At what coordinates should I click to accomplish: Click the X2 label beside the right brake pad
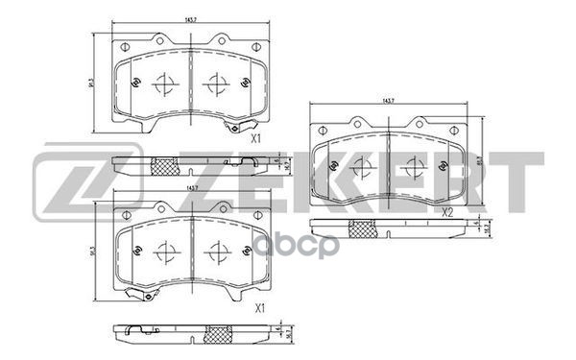(x=447, y=213)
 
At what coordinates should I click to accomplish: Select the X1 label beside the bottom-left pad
(x=256, y=310)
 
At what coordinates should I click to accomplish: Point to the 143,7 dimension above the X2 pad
(x=389, y=101)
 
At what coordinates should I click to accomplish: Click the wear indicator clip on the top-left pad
(x=230, y=128)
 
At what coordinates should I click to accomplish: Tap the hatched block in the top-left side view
(x=164, y=166)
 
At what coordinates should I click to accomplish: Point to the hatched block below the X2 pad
(x=362, y=229)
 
